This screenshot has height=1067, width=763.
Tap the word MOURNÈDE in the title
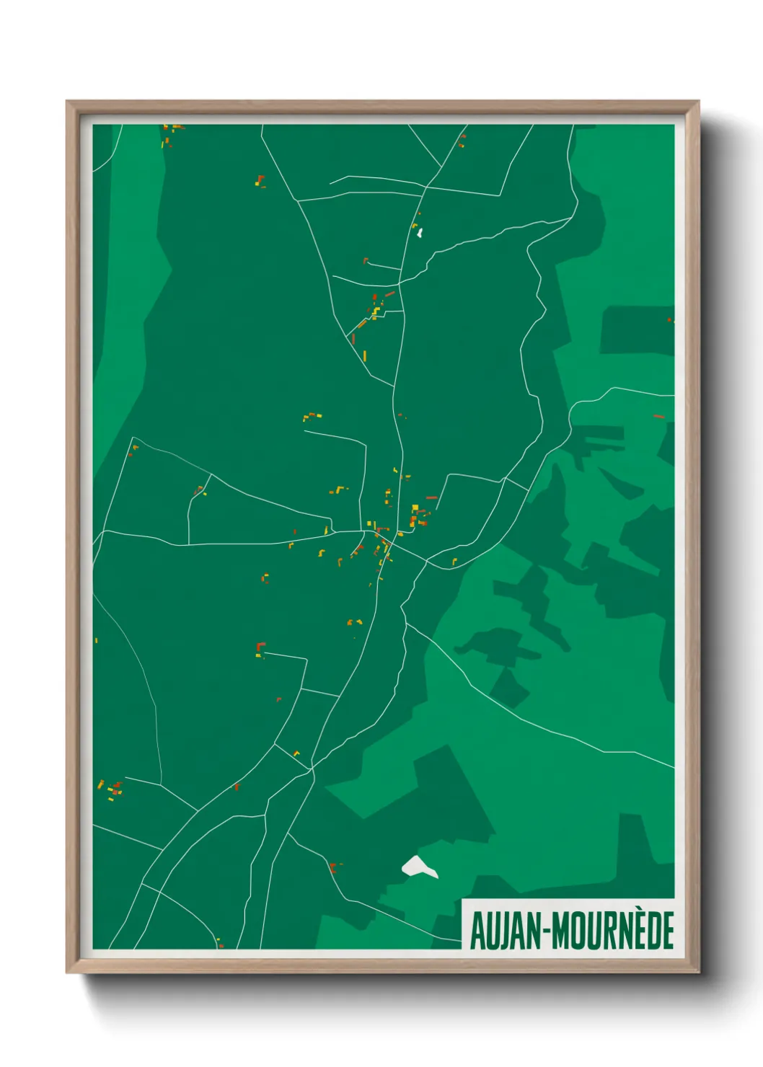(614, 930)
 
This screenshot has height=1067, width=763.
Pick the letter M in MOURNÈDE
(567, 930)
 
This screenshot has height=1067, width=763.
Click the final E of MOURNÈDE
(667, 930)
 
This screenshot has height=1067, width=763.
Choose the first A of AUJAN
(478, 930)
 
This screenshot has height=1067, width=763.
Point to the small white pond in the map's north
(420, 233)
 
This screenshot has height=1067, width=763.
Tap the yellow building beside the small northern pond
(414, 226)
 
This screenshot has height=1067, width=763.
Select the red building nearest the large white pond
(333, 867)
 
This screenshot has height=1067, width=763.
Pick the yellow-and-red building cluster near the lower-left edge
(112, 789)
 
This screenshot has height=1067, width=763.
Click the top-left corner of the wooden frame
(68, 102)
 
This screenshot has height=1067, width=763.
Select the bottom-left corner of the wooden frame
(68, 972)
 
